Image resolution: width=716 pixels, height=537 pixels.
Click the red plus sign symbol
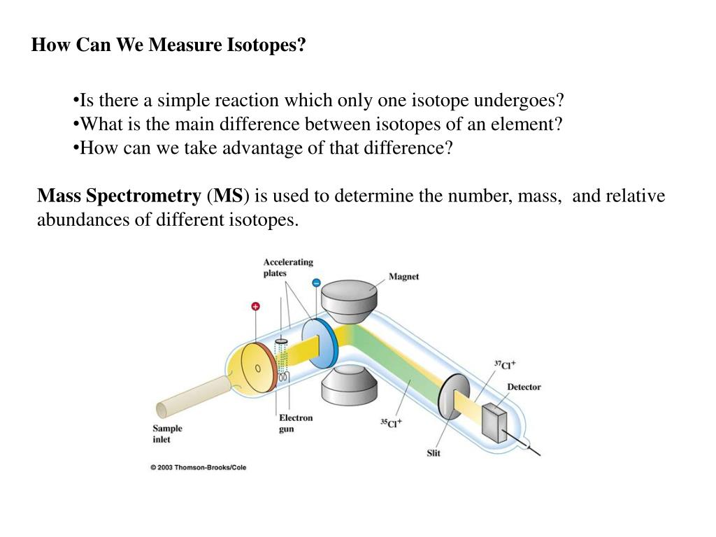255,306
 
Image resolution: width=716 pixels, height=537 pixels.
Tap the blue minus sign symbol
315,283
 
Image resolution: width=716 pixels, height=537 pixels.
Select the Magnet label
403,276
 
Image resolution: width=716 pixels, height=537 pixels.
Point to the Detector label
524,387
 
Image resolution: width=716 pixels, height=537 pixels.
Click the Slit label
434,453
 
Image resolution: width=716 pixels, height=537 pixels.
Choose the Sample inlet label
167,434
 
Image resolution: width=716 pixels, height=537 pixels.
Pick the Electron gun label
296,423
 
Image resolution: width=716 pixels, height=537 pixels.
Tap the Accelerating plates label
288,267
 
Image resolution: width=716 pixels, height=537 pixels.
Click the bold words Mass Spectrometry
119,196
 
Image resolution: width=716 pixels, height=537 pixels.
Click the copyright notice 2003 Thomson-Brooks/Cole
199,467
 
